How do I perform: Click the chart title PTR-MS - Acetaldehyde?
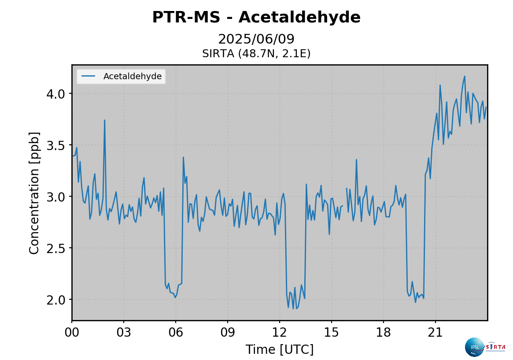256,18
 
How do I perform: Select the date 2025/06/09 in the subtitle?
256,39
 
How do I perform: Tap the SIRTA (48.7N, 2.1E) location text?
256,54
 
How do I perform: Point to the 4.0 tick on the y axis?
55,94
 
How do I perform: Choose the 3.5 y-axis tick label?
55,146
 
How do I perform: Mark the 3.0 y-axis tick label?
55,197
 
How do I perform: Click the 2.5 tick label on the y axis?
55,248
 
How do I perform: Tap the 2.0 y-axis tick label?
55,300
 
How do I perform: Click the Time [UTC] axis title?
280,350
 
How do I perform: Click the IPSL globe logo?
474,347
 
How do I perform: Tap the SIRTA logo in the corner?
495,347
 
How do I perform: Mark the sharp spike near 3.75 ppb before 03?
104,120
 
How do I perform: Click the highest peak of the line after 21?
465,76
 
